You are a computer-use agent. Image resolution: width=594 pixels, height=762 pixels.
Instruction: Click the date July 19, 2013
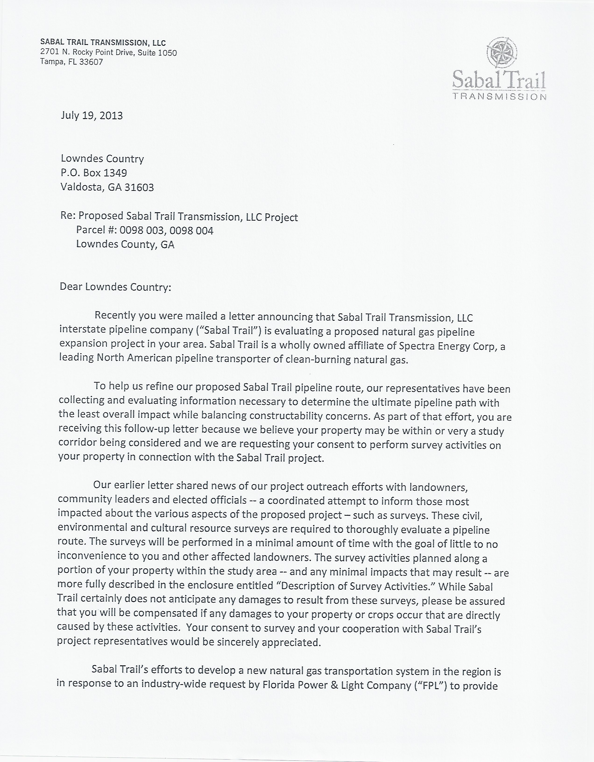(x=92, y=116)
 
